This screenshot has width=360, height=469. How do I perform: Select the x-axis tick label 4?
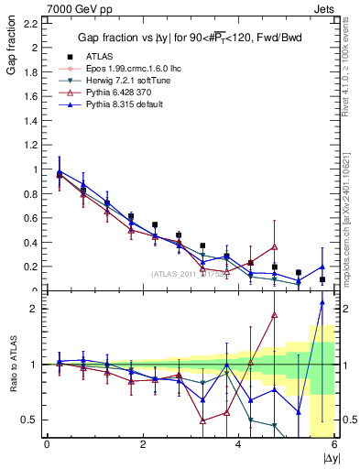[238, 445]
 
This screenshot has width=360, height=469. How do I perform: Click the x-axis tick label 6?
[334, 445]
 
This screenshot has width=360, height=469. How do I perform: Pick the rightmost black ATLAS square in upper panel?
[322, 279]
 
